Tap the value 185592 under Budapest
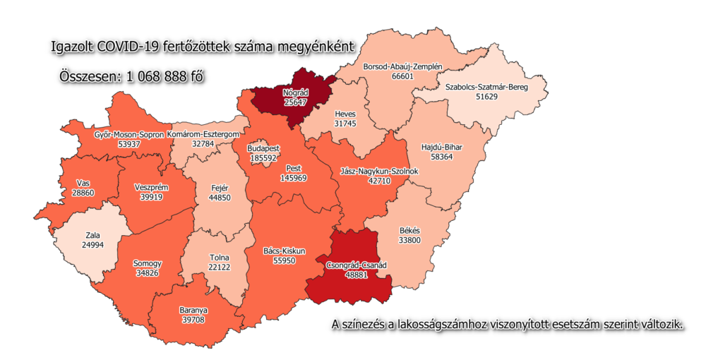[263, 159]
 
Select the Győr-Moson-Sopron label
[128, 134]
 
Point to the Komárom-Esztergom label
[207, 134]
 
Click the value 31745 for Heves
[346, 124]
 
